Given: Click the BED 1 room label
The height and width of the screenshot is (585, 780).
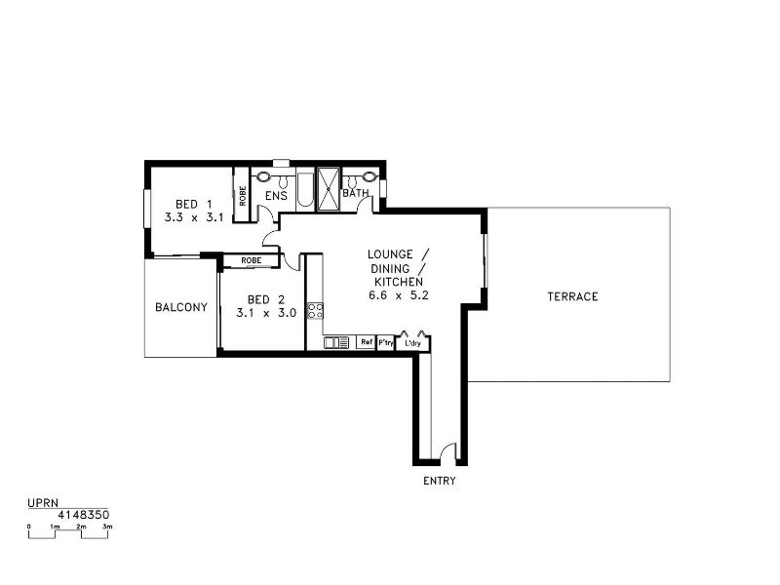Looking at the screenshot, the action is tap(194, 204).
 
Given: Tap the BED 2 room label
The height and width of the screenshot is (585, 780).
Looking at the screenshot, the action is tap(266, 299).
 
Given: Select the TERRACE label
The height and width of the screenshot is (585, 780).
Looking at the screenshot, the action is tap(572, 296).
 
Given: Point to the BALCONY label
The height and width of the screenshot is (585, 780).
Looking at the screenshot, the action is tap(181, 307).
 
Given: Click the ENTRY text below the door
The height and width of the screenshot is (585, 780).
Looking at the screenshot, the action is tap(440, 481).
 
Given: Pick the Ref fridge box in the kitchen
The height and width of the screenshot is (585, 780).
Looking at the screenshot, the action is tap(367, 342).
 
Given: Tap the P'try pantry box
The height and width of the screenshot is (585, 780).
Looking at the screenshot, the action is tap(385, 343).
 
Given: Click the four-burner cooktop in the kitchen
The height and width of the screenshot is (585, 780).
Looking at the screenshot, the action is tap(315, 311).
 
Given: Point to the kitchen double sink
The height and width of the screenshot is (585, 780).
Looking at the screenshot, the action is tap(336, 342).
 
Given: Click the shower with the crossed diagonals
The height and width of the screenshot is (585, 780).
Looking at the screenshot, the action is tap(329, 189).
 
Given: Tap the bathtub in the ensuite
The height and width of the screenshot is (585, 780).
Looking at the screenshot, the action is tap(305, 191).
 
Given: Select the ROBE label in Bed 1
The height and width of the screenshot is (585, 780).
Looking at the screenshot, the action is tap(242, 196).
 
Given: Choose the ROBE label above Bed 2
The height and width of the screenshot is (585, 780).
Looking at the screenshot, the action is tap(252, 260).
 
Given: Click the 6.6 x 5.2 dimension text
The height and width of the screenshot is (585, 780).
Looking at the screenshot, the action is tap(399, 295).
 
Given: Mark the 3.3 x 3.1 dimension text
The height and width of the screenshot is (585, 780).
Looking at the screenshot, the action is tap(194, 217).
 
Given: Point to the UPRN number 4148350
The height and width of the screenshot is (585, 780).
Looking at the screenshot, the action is tap(84, 515).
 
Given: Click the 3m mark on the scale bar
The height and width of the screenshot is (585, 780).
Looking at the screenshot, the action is tap(107, 526).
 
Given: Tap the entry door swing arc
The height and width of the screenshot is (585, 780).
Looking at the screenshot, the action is tap(448, 449).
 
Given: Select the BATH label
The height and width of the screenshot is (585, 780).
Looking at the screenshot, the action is tap(356, 193).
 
